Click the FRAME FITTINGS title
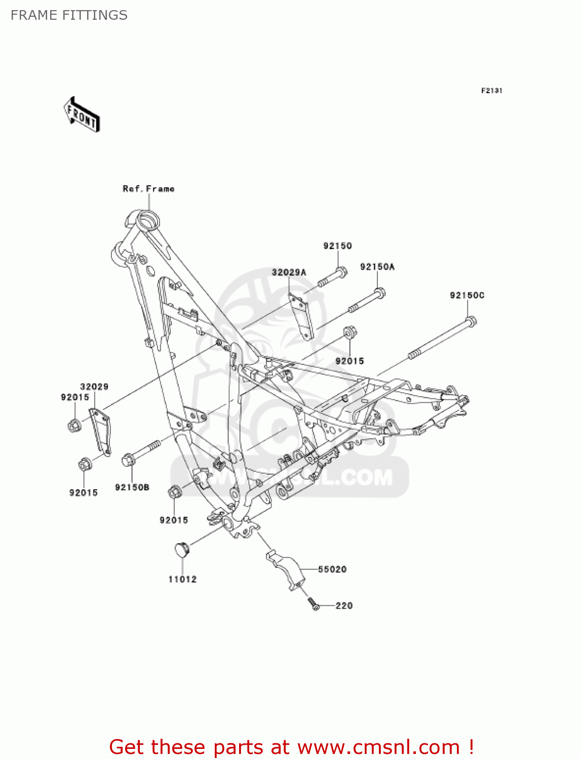69,15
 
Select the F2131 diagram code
491,91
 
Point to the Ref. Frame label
148,189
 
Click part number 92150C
467,295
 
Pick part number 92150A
377,267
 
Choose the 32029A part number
289,272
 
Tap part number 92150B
132,487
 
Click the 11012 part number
182,579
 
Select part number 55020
332,569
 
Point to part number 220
344,606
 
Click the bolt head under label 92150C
471,321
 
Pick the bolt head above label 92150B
128,459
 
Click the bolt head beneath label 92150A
380,292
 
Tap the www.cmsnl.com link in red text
378,747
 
